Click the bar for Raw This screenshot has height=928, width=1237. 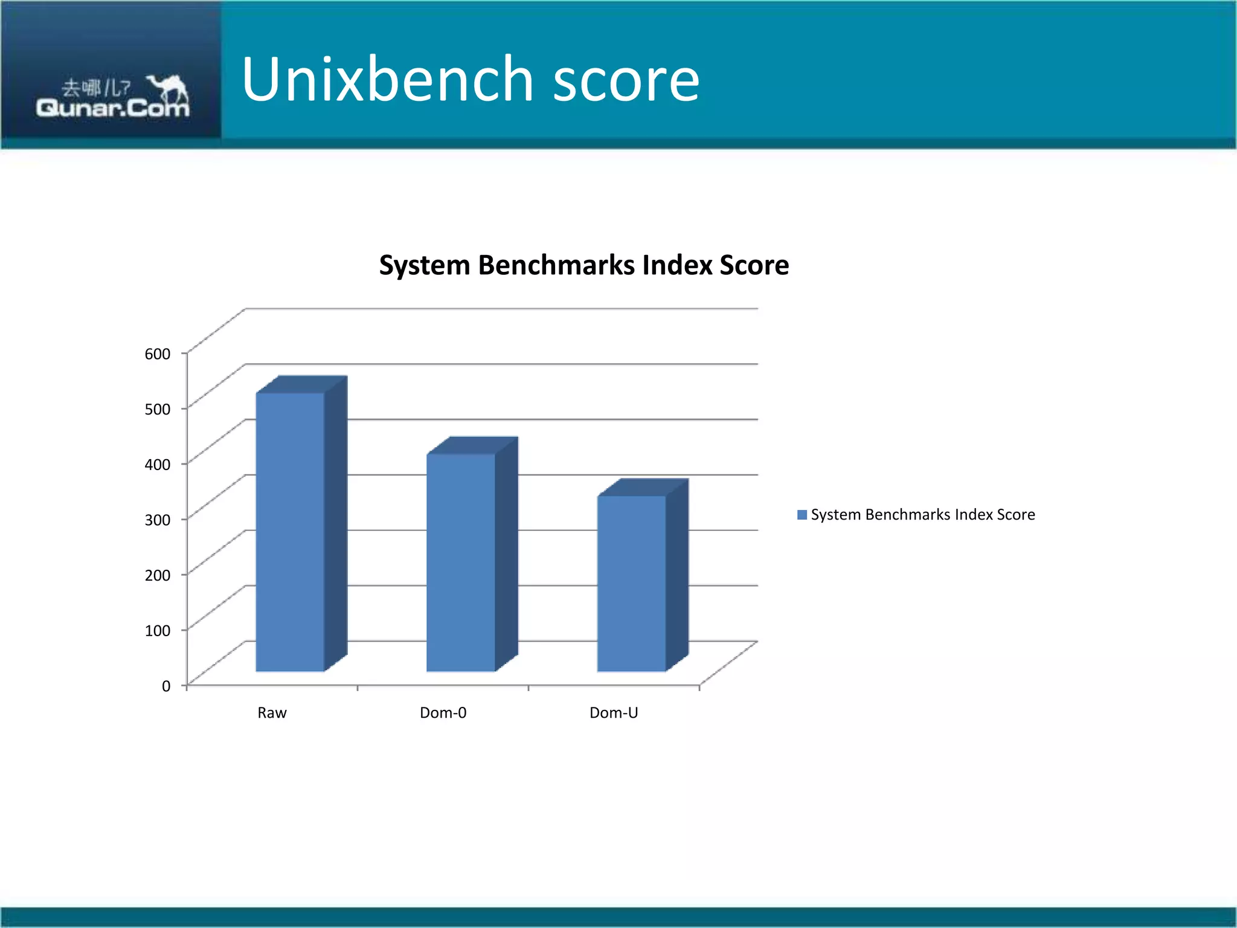point(290,532)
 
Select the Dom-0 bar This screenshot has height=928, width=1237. point(461,562)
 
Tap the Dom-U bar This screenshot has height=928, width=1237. point(632,583)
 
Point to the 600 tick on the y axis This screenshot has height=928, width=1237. point(158,354)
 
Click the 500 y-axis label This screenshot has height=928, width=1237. point(158,409)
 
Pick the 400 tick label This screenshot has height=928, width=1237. point(158,465)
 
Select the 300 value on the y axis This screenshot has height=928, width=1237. point(158,520)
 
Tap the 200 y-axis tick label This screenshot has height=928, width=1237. point(158,575)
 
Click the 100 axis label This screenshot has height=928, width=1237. point(158,631)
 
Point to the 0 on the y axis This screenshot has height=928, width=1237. point(166,686)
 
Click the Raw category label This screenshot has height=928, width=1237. point(272,713)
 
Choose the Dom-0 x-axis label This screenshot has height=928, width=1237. point(443,713)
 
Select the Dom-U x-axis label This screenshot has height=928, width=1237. point(614,713)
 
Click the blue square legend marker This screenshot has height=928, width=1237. point(802,515)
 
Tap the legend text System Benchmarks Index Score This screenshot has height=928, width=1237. point(923,515)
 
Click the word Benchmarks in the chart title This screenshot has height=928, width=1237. point(556,265)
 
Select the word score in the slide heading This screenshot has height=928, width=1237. point(626,80)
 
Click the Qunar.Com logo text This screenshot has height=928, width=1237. point(112,109)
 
